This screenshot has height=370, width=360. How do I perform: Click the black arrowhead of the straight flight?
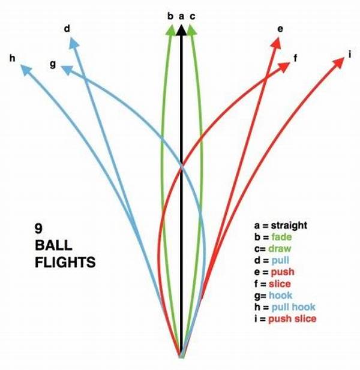coord(181,30)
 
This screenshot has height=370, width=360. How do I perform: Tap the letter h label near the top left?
coord(12,58)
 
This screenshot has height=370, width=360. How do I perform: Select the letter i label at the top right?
coord(350,55)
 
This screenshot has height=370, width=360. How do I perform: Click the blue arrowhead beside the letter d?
coord(74,44)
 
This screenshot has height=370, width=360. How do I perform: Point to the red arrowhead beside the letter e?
coord(277,43)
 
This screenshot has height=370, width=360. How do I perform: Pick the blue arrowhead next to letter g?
coord(67,70)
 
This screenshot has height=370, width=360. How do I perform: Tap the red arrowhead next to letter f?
coord(284,67)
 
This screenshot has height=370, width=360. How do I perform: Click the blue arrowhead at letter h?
coord(26,70)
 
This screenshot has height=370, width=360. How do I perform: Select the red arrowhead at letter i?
coord(338,62)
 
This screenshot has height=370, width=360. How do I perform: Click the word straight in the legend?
coord(289,225)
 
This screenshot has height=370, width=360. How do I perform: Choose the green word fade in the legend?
coord(281,237)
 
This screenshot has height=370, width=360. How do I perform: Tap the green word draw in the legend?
coord(280,248)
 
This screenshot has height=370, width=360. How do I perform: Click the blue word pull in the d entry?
coord(280,260)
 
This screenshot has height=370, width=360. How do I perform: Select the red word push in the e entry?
coord(283,272)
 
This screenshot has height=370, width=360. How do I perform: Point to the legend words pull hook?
coord(293,307)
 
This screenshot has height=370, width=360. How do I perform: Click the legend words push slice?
coord(292,319)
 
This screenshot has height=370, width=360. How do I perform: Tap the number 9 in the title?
coord(39,228)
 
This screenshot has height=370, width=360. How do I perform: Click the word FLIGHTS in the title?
coord(65,263)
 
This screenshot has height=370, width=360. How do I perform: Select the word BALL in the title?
coord(53,245)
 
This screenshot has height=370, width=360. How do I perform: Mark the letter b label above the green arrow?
coord(170,16)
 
